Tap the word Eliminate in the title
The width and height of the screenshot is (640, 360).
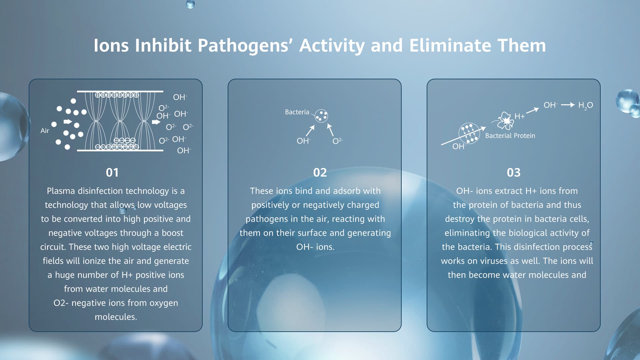(450, 45)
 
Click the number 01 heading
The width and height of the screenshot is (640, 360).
(112, 172)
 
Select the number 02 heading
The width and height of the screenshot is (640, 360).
(320, 172)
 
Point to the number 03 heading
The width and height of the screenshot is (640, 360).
(514, 172)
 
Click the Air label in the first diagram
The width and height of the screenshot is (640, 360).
(45, 131)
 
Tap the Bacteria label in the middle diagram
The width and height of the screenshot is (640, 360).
(297, 112)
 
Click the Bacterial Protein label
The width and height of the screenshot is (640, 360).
(510, 136)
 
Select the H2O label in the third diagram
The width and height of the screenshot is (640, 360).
(586, 105)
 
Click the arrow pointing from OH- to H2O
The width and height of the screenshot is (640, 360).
(568, 105)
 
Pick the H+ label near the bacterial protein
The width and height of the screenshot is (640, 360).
(520, 116)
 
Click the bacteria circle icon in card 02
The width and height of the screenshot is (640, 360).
(322, 116)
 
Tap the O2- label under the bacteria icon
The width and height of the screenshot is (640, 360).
(338, 141)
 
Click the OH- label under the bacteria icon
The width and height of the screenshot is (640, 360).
(304, 141)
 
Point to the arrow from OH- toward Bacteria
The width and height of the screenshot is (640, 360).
(310, 131)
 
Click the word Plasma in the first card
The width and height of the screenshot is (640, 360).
(61, 191)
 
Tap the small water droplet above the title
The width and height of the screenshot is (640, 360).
(190, 4)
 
